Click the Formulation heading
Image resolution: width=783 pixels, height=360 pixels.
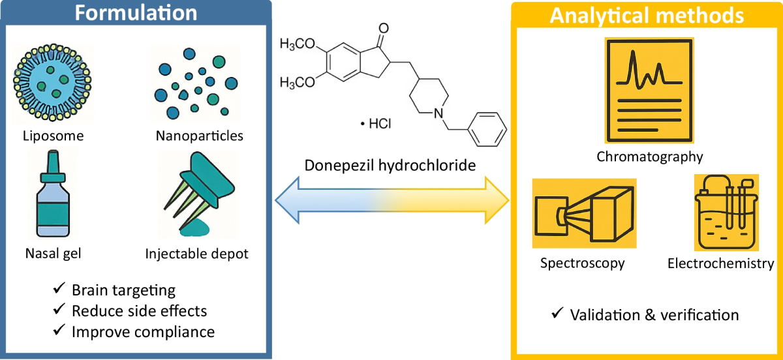click(x=136, y=13)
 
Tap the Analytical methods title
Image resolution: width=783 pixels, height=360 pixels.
click(x=647, y=16)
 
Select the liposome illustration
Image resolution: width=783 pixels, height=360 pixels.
click(x=52, y=82)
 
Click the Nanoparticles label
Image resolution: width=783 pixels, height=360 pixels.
click(x=199, y=136)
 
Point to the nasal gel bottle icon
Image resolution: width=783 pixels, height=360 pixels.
click(x=53, y=194)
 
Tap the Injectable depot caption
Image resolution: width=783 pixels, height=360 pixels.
click(x=196, y=254)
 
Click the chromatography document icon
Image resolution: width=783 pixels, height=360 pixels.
click(x=649, y=91)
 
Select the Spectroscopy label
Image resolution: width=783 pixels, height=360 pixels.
click(x=582, y=263)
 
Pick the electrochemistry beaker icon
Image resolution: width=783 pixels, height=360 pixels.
click(x=726, y=213)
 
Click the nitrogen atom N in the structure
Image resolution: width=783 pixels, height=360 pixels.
click(x=438, y=113)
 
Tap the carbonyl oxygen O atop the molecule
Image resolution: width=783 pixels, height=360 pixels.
click(x=384, y=28)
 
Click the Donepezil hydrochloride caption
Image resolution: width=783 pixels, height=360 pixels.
click(x=390, y=165)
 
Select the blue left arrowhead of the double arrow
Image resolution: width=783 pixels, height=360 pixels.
click(x=287, y=200)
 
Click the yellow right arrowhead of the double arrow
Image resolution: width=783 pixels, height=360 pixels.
click(x=497, y=200)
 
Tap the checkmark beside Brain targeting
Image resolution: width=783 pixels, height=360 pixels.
click(x=59, y=288)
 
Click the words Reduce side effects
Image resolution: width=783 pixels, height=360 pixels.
click(x=139, y=311)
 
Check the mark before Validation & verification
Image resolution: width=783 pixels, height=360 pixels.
click(x=557, y=313)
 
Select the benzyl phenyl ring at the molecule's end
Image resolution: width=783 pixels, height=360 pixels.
click(x=487, y=129)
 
